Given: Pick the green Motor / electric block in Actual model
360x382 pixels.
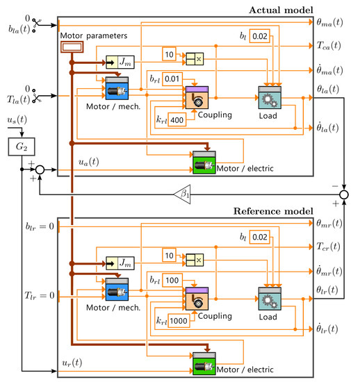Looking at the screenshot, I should [204, 160].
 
